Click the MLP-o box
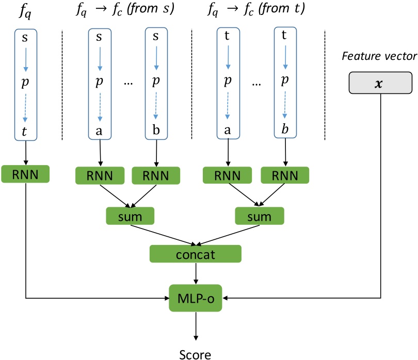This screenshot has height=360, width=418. [x=196, y=298]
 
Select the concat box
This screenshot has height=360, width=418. [x=196, y=253]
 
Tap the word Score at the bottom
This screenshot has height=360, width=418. [x=195, y=354]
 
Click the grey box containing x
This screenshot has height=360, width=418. [x=379, y=83]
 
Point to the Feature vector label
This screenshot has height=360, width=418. [x=379, y=55]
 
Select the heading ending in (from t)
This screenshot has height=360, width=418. [x=255, y=9]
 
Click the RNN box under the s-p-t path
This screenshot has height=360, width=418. [x=25, y=174]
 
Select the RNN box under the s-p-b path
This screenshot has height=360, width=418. [x=155, y=176]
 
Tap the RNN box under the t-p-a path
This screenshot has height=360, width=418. [x=228, y=176]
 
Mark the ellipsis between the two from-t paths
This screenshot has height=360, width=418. [x=256, y=84]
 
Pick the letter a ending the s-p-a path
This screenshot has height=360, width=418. [x=100, y=132]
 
